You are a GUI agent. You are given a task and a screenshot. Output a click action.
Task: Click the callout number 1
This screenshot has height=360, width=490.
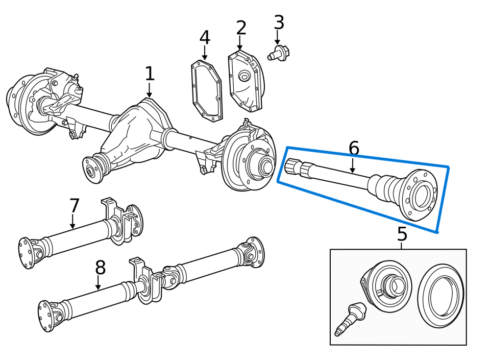pyautogui.click(x=149, y=74)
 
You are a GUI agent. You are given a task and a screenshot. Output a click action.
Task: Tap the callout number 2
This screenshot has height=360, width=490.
pyautogui.click(x=241, y=28)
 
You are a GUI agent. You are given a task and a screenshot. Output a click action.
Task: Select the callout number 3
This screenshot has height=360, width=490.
pyautogui.click(x=279, y=22)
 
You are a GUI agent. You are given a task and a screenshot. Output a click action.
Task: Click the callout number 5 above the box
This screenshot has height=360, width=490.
pyautogui.click(x=402, y=234)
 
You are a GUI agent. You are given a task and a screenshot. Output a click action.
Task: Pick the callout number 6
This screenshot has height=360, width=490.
pyautogui.click(x=353, y=149)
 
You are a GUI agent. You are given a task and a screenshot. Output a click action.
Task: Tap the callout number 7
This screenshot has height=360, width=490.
pyautogui.click(x=75, y=206)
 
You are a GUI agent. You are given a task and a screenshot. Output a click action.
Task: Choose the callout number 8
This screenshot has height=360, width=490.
pyautogui.click(x=100, y=268)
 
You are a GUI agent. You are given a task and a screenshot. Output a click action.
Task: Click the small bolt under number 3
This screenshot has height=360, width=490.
pyautogui.click(x=279, y=53)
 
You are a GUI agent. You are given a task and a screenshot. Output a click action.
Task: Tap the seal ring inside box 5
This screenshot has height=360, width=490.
pyautogui.click(x=440, y=296)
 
